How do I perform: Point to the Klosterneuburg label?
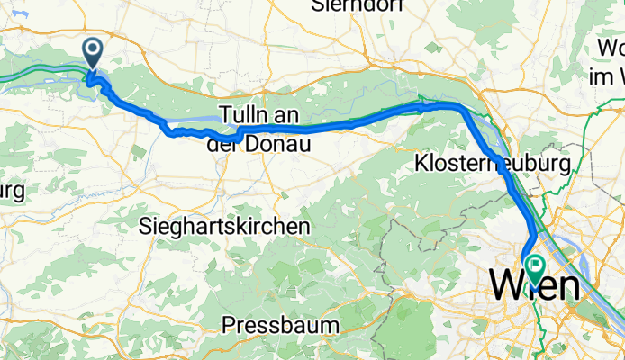pos(494,165)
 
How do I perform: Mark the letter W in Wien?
pos(504,287)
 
